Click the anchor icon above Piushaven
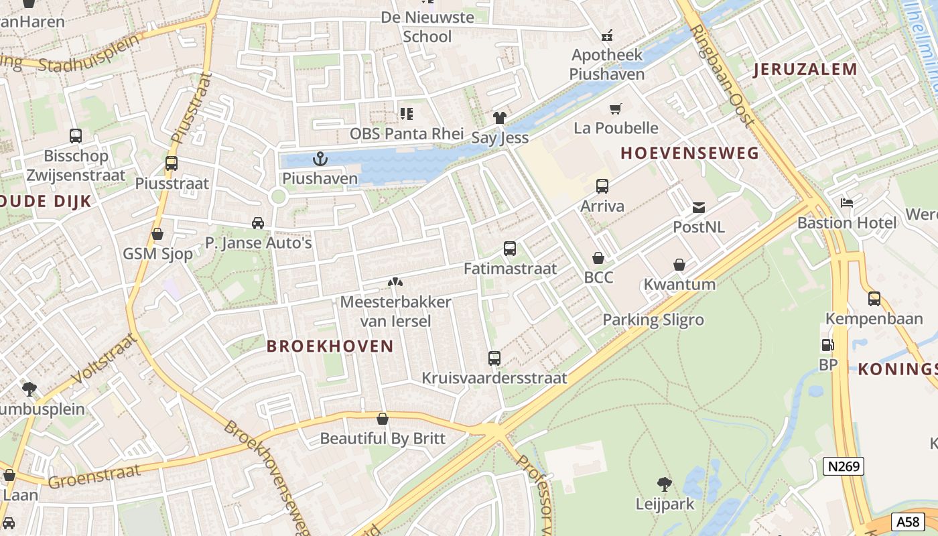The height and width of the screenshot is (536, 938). coord(320,159)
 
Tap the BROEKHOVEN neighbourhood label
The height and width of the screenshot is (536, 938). coord(330,346)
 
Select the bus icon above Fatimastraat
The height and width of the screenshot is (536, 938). coord(510,249)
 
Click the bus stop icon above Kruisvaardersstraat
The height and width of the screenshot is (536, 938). coord(494,358)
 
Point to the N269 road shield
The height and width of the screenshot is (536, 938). coord(844,466)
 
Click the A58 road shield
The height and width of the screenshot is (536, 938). coord(908,522)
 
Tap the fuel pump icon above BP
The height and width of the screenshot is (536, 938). coord(828,345)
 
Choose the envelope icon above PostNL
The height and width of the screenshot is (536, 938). coord(699,208)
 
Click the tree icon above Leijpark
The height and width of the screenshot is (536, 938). coord(665,484)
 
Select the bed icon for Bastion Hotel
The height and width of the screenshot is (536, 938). coord(847,202)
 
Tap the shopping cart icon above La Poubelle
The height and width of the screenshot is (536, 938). coord(616,109)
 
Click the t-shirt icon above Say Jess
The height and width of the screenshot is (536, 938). coord(500,118)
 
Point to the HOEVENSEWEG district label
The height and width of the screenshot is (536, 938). coord(689,153)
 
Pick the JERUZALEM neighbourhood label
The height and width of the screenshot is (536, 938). coord(805,69)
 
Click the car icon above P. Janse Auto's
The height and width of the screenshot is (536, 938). coord(258,223)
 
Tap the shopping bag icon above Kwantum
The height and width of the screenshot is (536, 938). coord(679,265)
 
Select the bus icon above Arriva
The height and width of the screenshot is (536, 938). coord(602,186)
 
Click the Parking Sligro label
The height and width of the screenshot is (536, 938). coord(653,320)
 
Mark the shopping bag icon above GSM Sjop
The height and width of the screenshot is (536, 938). coord(157,234)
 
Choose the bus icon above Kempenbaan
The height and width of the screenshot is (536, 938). coord(874,299)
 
